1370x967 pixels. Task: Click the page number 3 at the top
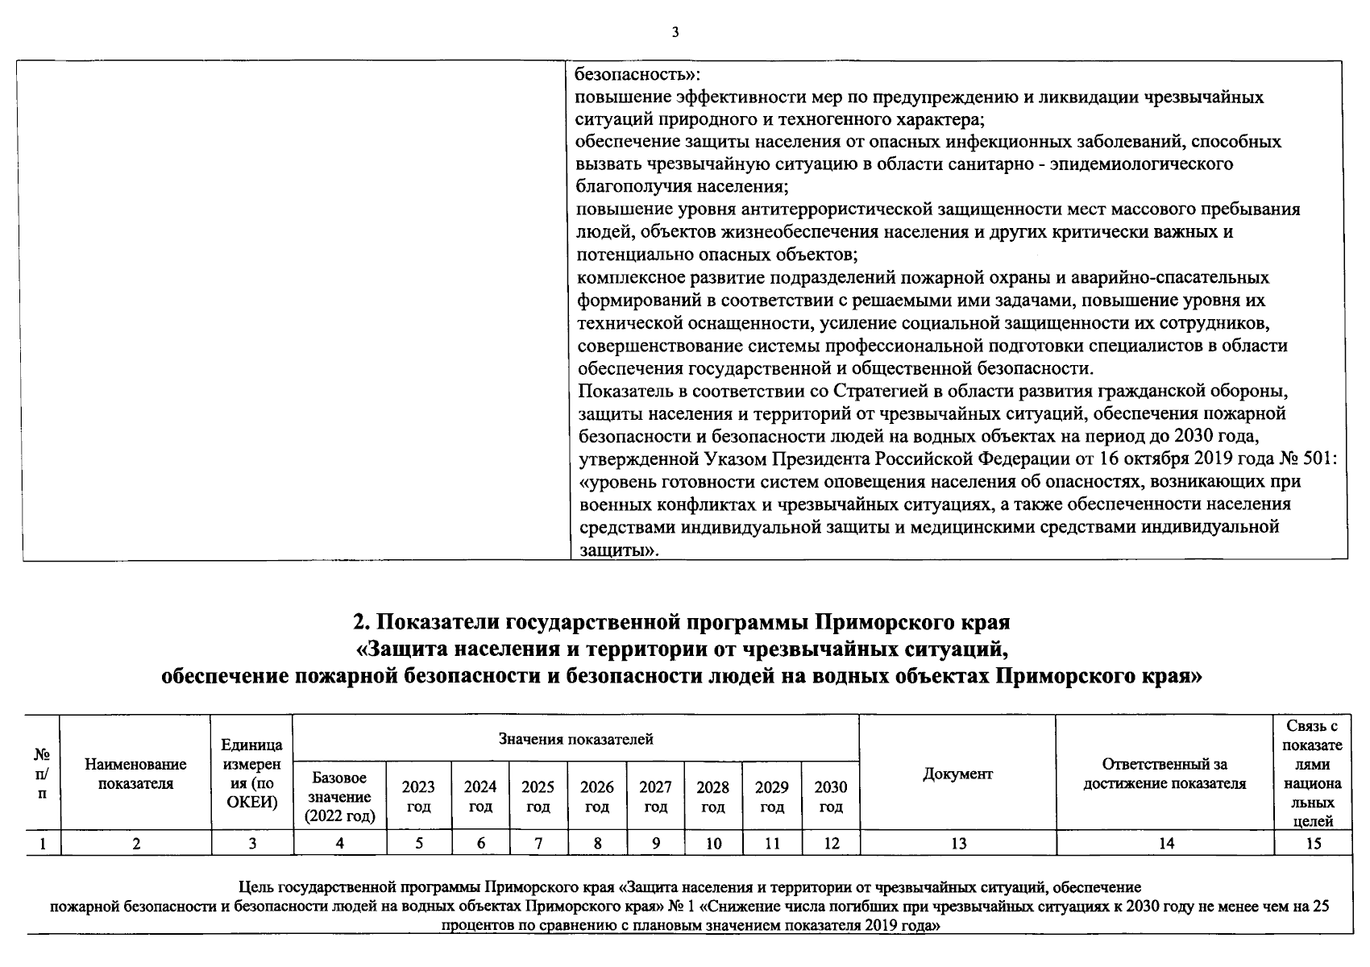pyautogui.click(x=675, y=32)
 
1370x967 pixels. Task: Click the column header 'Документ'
pyautogui.click(x=957, y=774)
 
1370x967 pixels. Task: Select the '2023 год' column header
pyautogui.click(x=418, y=796)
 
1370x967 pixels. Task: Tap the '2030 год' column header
pyautogui.click(x=831, y=796)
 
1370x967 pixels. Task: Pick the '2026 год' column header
pyautogui.click(x=597, y=796)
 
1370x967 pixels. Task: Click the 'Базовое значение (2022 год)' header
pyautogui.click(x=340, y=797)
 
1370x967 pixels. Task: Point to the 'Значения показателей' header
pyautogui.click(x=575, y=739)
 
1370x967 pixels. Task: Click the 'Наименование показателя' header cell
pyautogui.click(x=135, y=774)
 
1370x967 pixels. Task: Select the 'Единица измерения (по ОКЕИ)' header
pyautogui.click(x=252, y=774)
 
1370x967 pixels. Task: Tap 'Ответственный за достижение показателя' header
pyautogui.click(x=1164, y=774)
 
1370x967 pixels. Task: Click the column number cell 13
pyautogui.click(x=958, y=844)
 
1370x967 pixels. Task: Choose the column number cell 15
pyautogui.click(x=1314, y=844)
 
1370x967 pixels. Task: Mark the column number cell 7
pyautogui.click(x=538, y=844)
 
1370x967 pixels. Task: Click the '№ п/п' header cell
pyautogui.click(x=42, y=774)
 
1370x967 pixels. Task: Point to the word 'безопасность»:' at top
pyautogui.click(x=637, y=74)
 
